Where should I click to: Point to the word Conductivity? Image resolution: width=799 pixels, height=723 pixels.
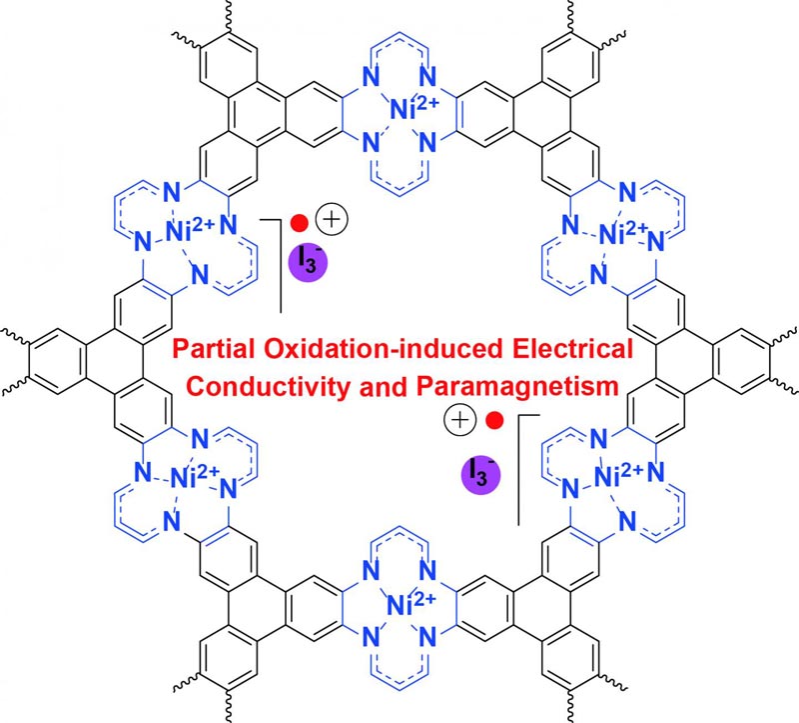pos(268,386)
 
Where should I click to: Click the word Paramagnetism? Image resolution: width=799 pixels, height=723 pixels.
pos(517,386)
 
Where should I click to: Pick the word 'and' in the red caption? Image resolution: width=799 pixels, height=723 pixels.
pos(384,386)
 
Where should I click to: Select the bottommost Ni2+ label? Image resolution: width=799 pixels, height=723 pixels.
pos(411,603)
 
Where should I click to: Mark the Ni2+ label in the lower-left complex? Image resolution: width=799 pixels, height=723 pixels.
pos(195,475)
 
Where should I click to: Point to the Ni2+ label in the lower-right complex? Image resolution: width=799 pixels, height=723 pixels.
pos(619,475)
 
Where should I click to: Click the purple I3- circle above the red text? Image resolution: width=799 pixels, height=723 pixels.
pos(308,262)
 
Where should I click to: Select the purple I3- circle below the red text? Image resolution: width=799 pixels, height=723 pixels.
pos(481,476)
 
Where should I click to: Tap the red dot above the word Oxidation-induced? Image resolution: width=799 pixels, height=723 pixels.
pos(299,223)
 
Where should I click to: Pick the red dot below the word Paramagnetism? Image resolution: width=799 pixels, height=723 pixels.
pos(494,420)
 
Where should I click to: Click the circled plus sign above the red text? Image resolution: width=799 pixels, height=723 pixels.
pos(332,220)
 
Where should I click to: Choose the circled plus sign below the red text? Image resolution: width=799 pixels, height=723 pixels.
pos(460,420)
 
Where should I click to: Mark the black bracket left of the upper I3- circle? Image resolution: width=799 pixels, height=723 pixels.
pos(281,265)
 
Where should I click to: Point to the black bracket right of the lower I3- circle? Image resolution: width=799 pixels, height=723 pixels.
pos(518,469)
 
